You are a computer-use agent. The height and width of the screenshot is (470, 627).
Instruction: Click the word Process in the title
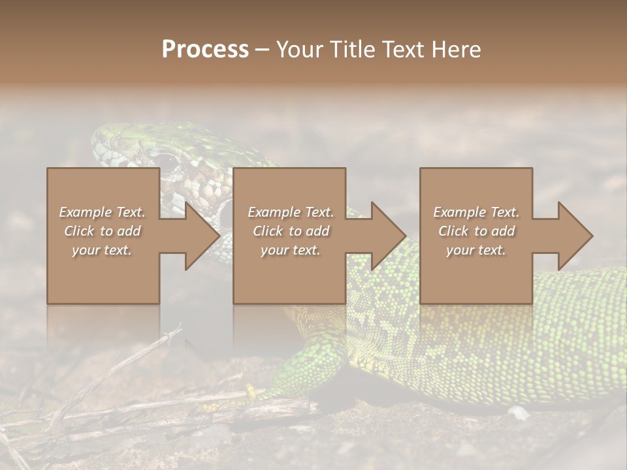tap(205, 49)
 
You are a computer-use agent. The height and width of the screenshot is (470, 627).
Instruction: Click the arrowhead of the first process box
tap(202, 236)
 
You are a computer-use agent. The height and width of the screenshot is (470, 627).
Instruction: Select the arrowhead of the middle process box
tap(389, 236)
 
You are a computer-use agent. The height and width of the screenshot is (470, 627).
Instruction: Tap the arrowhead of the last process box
tap(575, 236)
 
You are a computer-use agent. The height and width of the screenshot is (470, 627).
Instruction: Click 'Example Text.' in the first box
tap(103, 212)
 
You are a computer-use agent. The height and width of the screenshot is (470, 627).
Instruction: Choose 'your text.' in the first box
tap(103, 250)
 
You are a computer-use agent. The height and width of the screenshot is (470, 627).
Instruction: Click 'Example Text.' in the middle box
tap(290, 212)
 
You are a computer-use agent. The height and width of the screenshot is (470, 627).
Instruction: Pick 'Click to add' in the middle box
tap(290, 231)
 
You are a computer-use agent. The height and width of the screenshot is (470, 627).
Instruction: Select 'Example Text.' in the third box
tap(476, 212)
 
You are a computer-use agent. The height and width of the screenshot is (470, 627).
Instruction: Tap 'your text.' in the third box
tap(476, 250)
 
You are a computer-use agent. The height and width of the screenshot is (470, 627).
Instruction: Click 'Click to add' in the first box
tap(103, 231)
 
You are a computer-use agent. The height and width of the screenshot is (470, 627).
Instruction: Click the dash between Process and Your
tap(262, 50)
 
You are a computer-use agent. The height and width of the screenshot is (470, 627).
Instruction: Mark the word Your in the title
tap(297, 49)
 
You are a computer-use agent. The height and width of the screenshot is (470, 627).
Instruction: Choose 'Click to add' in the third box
tap(476, 231)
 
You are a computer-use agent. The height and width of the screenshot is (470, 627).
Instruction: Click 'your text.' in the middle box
tap(290, 250)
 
